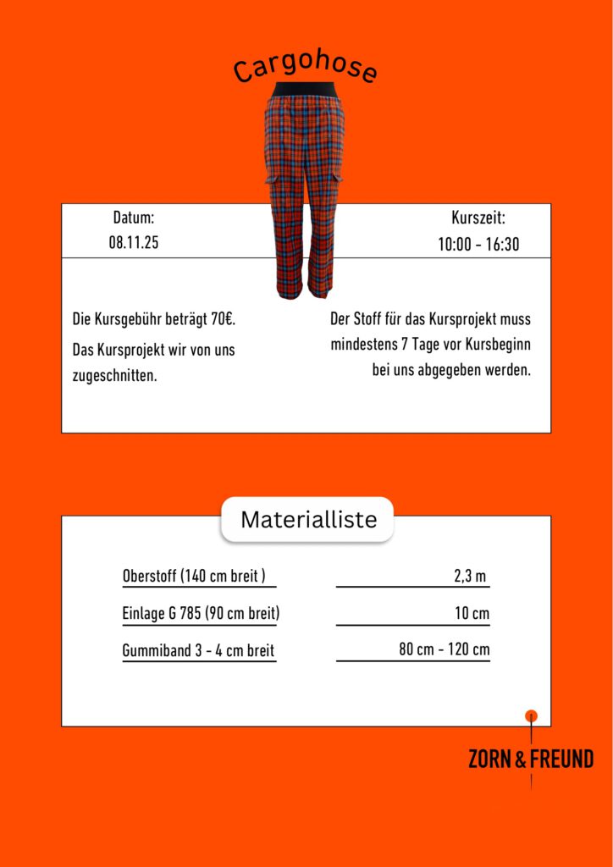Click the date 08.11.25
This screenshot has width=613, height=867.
(x=134, y=242)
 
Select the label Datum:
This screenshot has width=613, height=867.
(x=134, y=218)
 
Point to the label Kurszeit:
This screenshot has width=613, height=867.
(x=478, y=218)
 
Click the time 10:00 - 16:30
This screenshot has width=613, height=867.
(x=478, y=245)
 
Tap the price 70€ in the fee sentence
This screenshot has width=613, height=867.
(x=222, y=320)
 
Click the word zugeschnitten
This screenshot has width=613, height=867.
(x=115, y=375)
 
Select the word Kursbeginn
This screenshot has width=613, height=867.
(x=500, y=345)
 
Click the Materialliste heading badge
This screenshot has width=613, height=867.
(x=306, y=519)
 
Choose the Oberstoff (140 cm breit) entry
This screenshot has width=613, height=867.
(x=195, y=577)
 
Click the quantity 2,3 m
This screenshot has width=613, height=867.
(x=470, y=577)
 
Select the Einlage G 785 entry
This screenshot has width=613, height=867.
(x=201, y=613)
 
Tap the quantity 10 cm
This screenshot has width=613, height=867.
(x=472, y=613)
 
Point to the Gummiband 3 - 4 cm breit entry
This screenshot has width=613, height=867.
(x=198, y=650)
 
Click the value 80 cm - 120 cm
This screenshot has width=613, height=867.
(x=445, y=649)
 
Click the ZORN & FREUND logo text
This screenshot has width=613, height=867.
(x=531, y=759)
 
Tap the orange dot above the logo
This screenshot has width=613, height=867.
(x=532, y=716)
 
